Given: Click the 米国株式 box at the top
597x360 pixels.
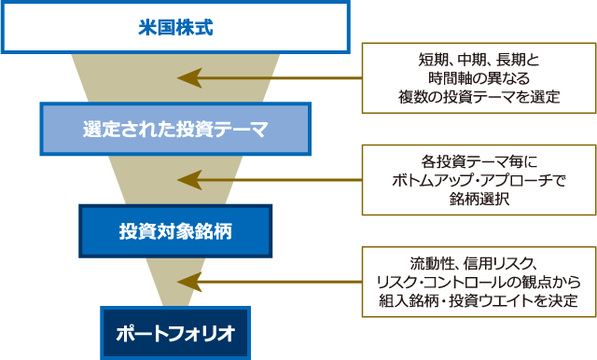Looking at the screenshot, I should point(175,27).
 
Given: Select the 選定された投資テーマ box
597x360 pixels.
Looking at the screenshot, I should point(174,129).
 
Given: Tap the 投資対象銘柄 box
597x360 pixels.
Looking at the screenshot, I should point(175,229).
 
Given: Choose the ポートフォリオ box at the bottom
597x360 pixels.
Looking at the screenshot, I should point(175,332).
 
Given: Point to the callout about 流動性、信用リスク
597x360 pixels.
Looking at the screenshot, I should point(479,281).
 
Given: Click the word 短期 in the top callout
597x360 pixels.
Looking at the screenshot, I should point(432,61).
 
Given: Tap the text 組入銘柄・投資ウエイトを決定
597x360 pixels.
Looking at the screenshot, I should point(479,299).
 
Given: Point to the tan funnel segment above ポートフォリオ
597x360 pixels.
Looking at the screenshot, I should point(174,280).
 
